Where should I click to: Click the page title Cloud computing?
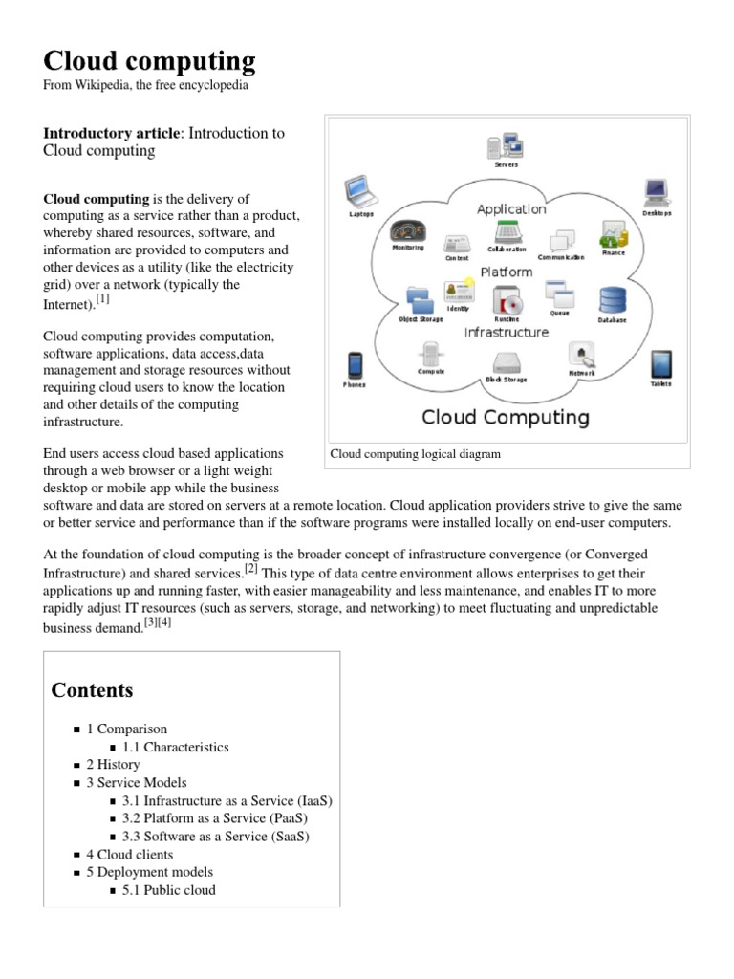click(x=149, y=61)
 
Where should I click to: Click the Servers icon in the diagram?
click(x=506, y=146)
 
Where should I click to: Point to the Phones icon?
click(x=355, y=365)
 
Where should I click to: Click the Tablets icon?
click(x=660, y=364)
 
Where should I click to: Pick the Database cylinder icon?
click(x=612, y=300)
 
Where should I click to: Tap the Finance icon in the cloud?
click(x=612, y=234)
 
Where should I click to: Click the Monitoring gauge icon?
click(x=408, y=231)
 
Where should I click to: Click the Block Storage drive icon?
click(x=507, y=363)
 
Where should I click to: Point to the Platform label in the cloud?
click(x=506, y=272)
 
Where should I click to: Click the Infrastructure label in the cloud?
click(x=506, y=332)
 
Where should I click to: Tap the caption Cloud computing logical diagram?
click(x=415, y=454)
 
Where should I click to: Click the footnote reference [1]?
click(x=103, y=299)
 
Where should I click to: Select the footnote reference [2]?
click(x=251, y=568)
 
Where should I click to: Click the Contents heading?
click(x=92, y=690)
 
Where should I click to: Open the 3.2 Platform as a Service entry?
click(x=214, y=818)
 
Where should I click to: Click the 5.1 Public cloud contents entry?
click(x=168, y=890)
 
